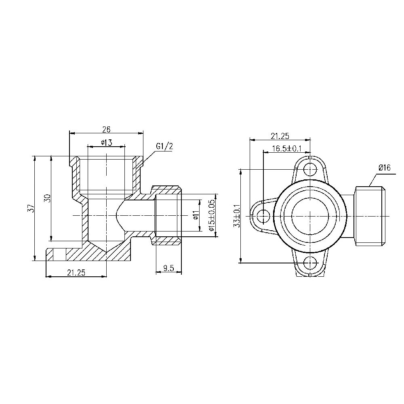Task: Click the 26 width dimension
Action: pyautogui.click(x=106, y=129)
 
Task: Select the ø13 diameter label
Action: pyautogui.click(x=106, y=142)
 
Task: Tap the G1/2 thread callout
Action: pyautogui.click(x=164, y=146)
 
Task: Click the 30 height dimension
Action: pyautogui.click(x=47, y=198)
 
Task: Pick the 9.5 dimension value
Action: pyautogui.click(x=168, y=267)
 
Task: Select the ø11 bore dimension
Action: pyautogui.click(x=196, y=216)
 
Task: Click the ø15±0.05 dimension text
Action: pyautogui.click(x=211, y=215)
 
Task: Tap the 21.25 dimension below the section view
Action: pyautogui.click(x=76, y=273)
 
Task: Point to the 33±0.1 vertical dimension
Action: pyautogui.click(x=237, y=216)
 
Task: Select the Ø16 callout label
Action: pyautogui.click(x=384, y=168)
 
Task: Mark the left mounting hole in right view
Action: pyautogui.click(x=263, y=216)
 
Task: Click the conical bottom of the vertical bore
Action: pyautogui.click(x=107, y=246)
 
